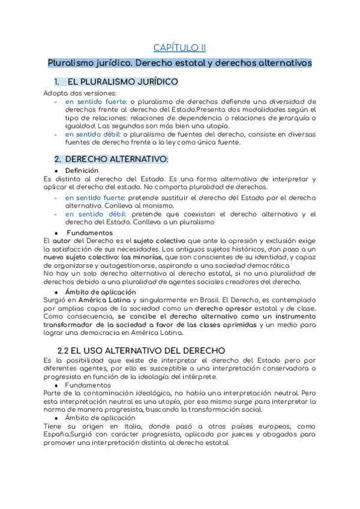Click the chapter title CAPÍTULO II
[x=179, y=47]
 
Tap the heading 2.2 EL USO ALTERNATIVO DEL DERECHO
[x=141, y=350]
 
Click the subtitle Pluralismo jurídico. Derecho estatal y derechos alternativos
[x=179, y=62]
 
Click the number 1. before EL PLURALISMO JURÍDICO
[x=57, y=82]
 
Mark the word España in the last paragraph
[x=57, y=435]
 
